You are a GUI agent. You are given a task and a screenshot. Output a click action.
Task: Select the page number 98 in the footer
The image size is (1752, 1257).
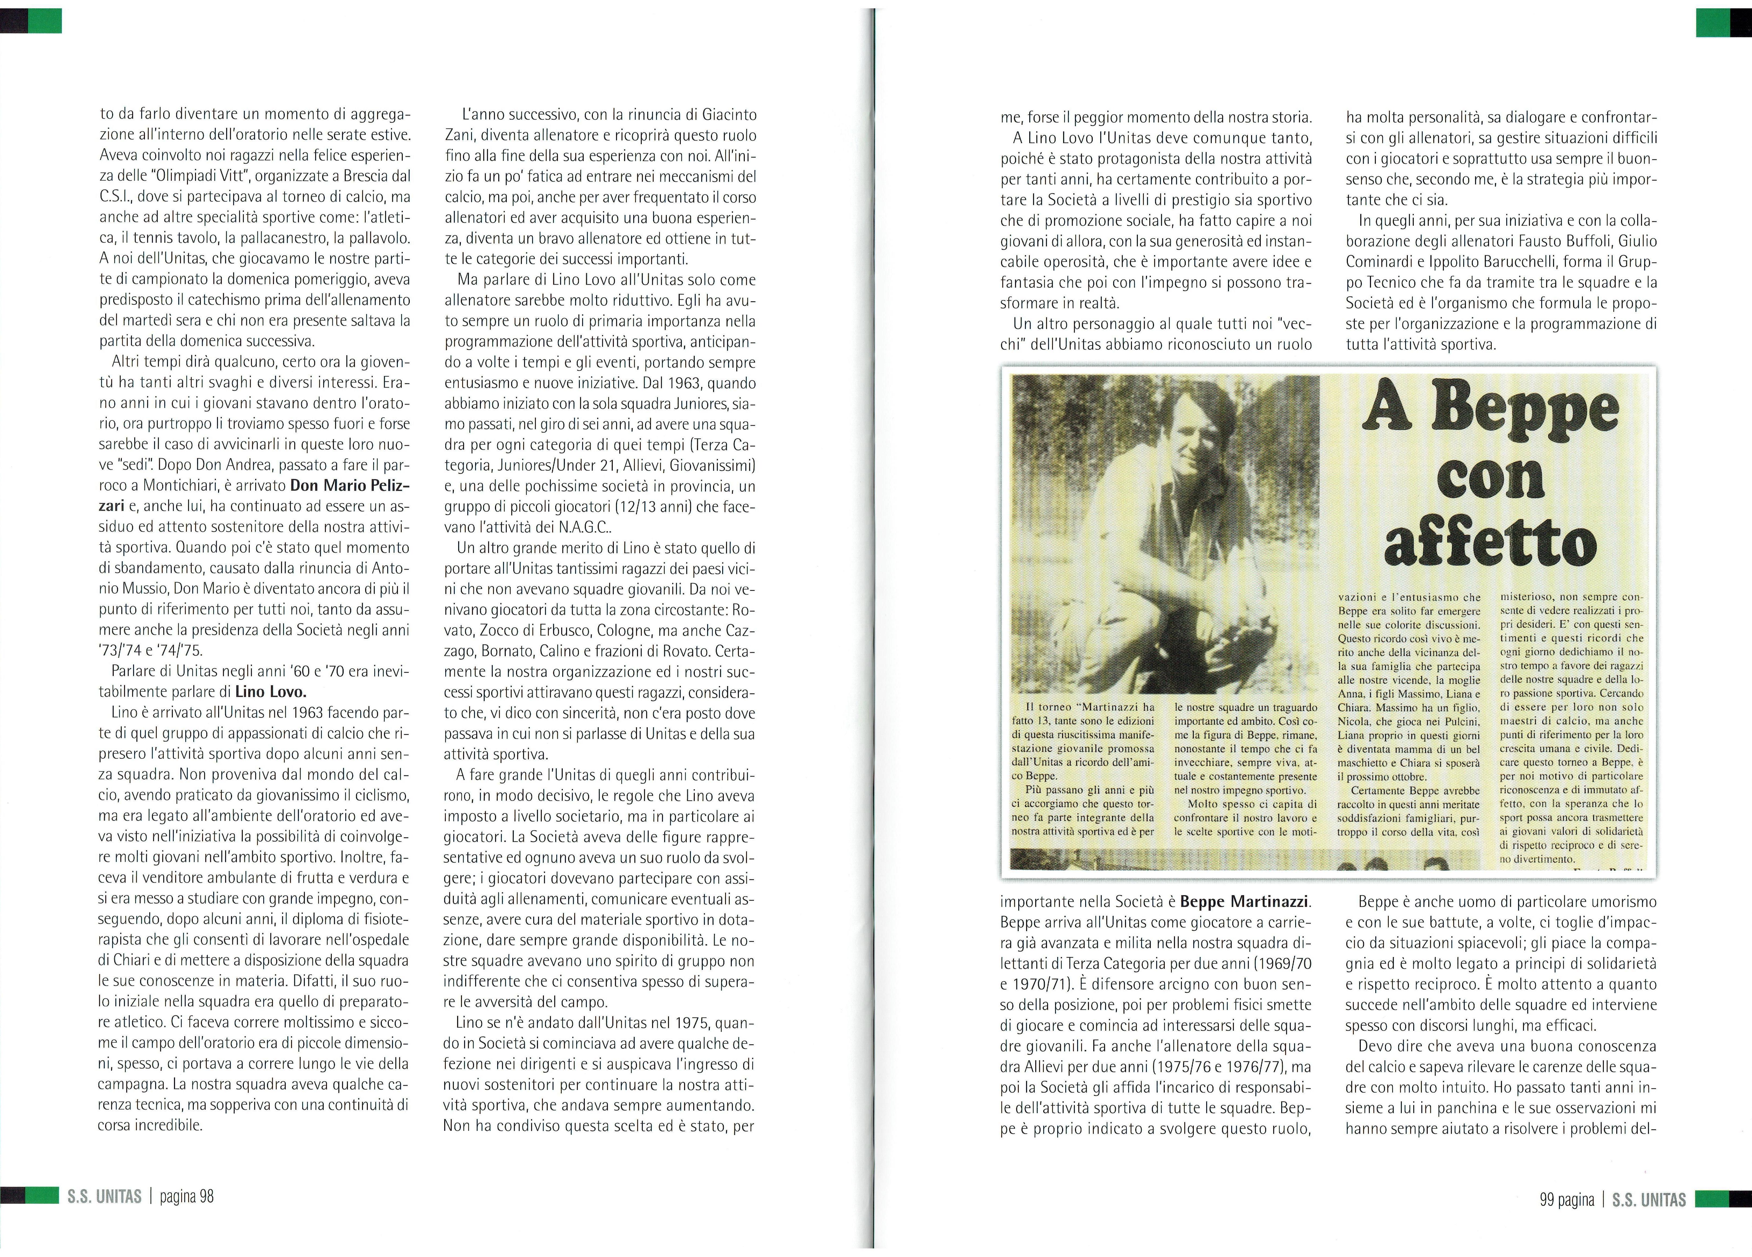(x=206, y=1197)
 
